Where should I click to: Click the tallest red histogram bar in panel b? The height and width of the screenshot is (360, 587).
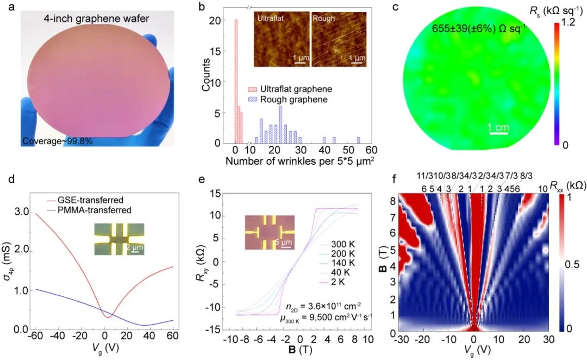pos(236,82)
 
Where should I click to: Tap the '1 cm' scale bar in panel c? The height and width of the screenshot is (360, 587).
pos(497,128)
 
